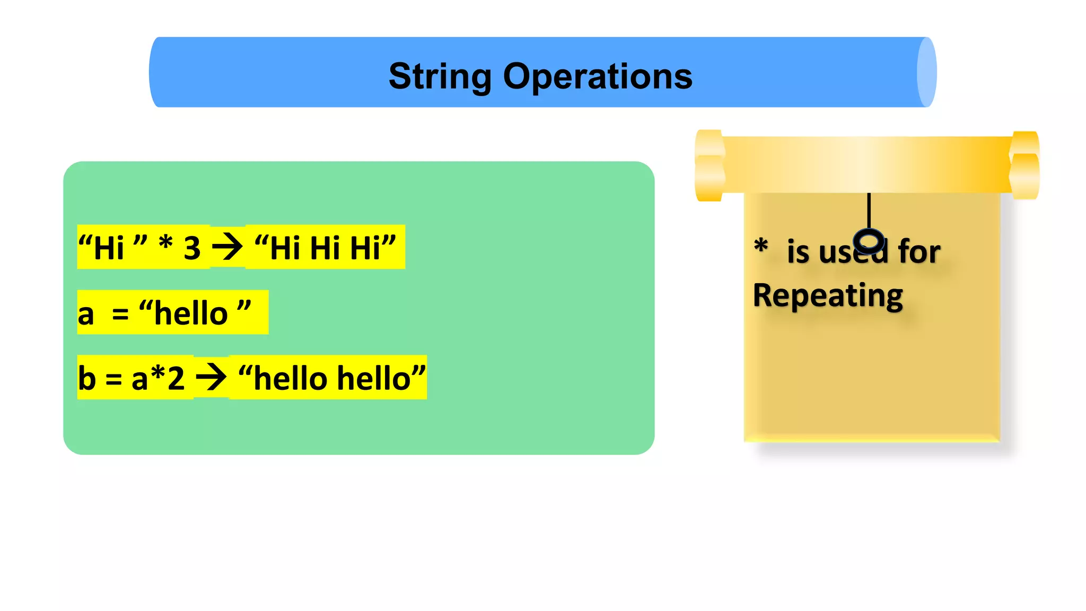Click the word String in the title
click(440, 76)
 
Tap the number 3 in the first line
click(192, 248)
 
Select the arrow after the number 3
click(227, 247)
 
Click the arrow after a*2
click(211, 378)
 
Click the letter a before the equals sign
click(86, 314)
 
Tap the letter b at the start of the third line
click(87, 378)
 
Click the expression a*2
click(158, 378)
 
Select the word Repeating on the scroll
click(828, 295)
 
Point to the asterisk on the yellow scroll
click(761, 247)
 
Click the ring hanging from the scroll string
click(869, 242)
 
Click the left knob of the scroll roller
click(710, 165)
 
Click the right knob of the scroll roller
click(1024, 165)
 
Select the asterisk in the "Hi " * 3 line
click(166, 244)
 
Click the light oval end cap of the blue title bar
click(926, 72)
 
